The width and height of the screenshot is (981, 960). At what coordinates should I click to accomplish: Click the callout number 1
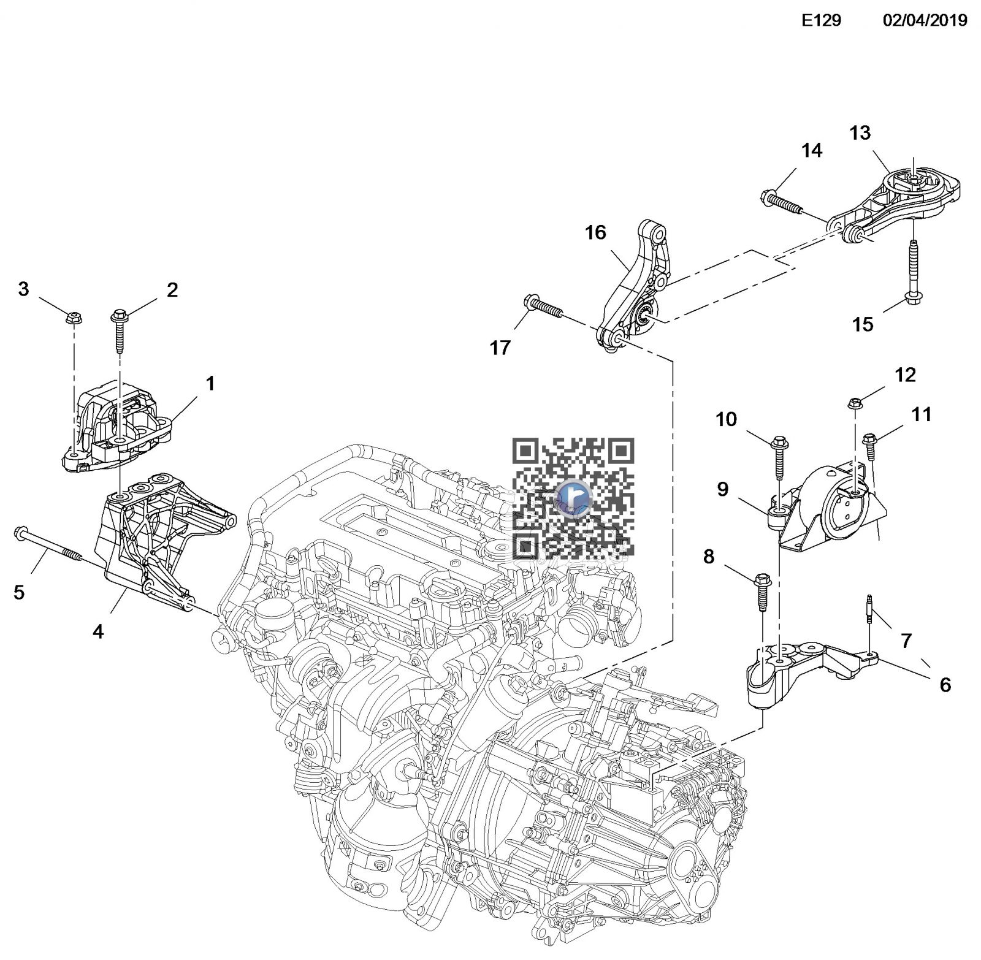coord(210,384)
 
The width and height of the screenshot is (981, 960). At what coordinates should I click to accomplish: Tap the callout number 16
coord(595,233)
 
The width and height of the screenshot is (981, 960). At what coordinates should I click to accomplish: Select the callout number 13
coord(860,133)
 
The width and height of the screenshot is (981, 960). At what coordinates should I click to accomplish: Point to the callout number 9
coord(722,489)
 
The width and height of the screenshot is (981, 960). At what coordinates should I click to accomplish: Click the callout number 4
coord(98,631)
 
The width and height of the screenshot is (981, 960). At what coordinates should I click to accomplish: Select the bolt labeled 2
coord(118,330)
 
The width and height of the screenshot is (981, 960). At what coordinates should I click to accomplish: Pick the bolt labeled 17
coord(544,308)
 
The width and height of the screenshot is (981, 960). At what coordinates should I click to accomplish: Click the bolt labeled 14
coord(782,203)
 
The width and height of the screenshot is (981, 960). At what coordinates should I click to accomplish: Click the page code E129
coord(822,21)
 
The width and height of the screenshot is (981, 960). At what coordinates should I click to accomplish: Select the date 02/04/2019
coord(925,21)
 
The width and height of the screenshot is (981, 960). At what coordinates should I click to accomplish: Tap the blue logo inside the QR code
coord(573,497)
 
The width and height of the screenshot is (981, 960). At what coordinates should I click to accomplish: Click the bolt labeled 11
coord(869,448)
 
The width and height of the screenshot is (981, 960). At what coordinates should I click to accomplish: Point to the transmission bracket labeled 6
coord(809,665)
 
